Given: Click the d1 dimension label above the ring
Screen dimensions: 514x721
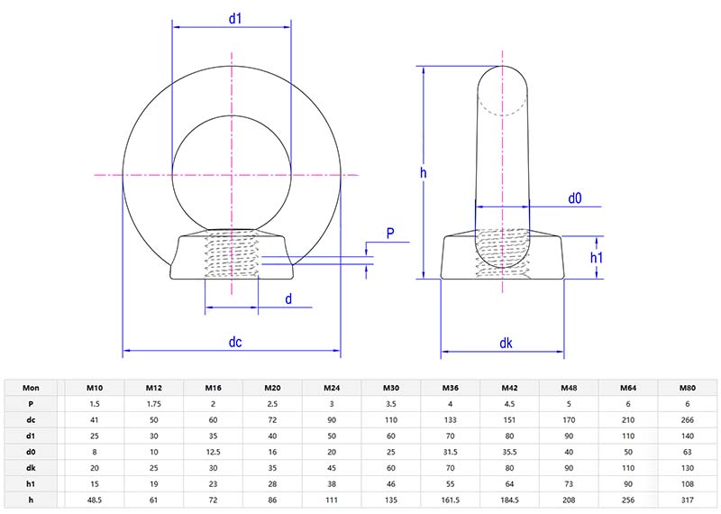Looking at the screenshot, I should click(233, 18).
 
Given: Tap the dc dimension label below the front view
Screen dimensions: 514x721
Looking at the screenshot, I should click(235, 343).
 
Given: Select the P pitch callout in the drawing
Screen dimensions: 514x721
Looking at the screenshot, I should click(390, 234).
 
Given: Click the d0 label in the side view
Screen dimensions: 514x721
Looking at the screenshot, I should click(574, 197).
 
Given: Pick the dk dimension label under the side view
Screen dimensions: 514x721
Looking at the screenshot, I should click(506, 343).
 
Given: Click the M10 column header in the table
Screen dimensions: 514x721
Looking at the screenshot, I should click(94, 388).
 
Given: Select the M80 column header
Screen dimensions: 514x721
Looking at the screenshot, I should click(688, 388).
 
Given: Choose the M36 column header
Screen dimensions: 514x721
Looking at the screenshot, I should click(451, 388).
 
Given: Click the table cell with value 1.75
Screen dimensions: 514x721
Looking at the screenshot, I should click(153, 404).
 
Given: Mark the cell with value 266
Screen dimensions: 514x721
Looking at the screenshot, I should click(688, 420).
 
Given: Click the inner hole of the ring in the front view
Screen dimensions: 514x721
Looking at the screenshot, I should click(233, 171).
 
